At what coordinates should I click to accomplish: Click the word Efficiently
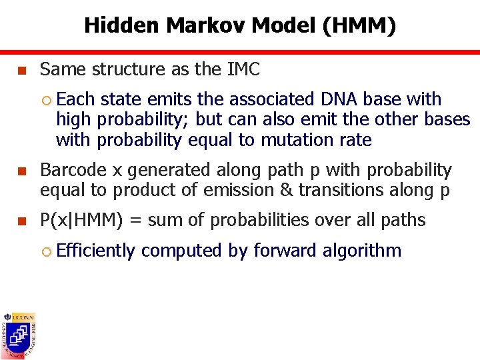tap(96, 251)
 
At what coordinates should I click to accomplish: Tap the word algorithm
tap(362, 251)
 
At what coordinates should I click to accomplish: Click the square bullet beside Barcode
tap(21, 171)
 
